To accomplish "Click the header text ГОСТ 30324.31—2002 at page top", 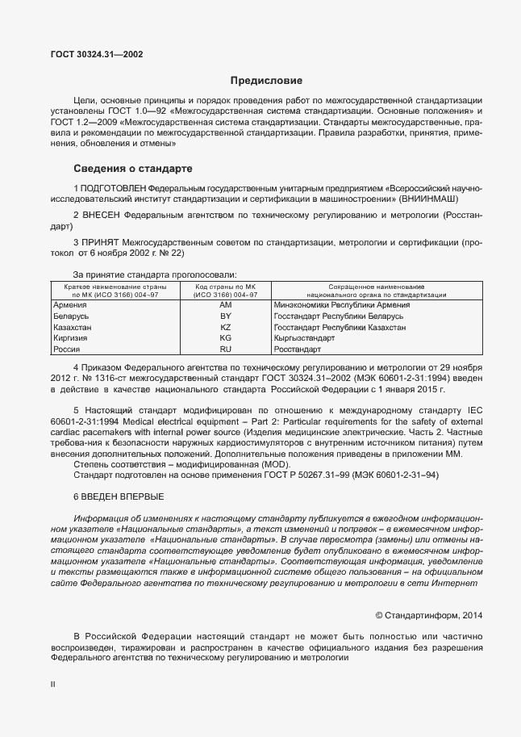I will click(x=98, y=55).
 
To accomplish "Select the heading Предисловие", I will click(x=266, y=81).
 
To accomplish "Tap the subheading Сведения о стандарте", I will click(x=133, y=170).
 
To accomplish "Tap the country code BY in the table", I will click(x=225, y=316).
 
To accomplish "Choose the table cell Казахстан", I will click(x=72, y=328).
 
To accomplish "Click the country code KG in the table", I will click(x=225, y=339).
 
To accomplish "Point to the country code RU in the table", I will click(x=225, y=350).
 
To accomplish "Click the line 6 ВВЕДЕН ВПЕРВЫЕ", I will click(x=118, y=496).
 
